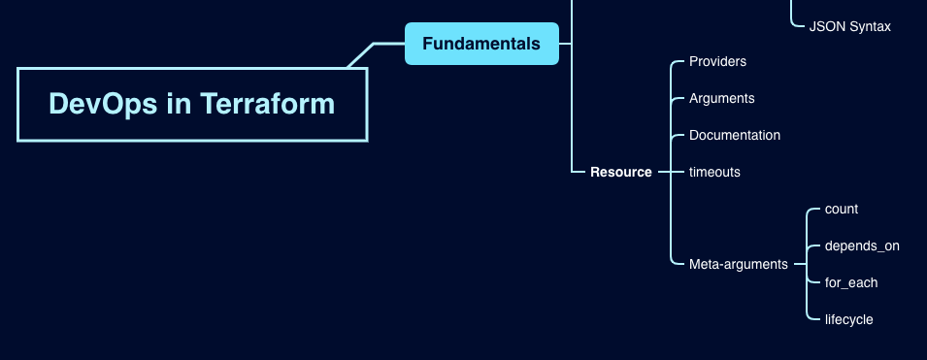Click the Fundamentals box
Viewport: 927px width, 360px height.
pyautogui.click(x=481, y=44)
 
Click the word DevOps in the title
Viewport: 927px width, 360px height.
pyautogui.click(x=103, y=104)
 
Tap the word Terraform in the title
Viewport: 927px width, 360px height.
pyautogui.click(x=268, y=104)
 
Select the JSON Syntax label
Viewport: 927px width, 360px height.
pyautogui.click(x=849, y=26)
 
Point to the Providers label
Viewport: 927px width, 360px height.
pyautogui.click(x=717, y=61)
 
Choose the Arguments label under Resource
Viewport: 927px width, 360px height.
pyautogui.click(x=722, y=99)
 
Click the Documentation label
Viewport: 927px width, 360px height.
pyautogui.click(x=735, y=136)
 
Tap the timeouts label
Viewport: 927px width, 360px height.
pyautogui.click(x=714, y=172)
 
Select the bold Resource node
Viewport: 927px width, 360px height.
pyautogui.click(x=621, y=172)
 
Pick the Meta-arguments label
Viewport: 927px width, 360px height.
pyautogui.click(x=739, y=264)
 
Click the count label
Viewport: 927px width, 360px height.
pyautogui.click(x=842, y=210)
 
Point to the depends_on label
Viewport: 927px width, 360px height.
pyautogui.click(x=862, y=245)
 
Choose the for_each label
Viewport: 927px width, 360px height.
pyautogui.click(x=851, y=283)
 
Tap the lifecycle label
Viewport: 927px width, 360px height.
pyautogui.click(x=849, y=320)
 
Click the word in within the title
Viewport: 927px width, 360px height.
pyautogui.click(x=180, y=104)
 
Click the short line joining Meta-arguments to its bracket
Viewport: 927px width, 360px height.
pyautogui.click(x=800, y=264)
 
